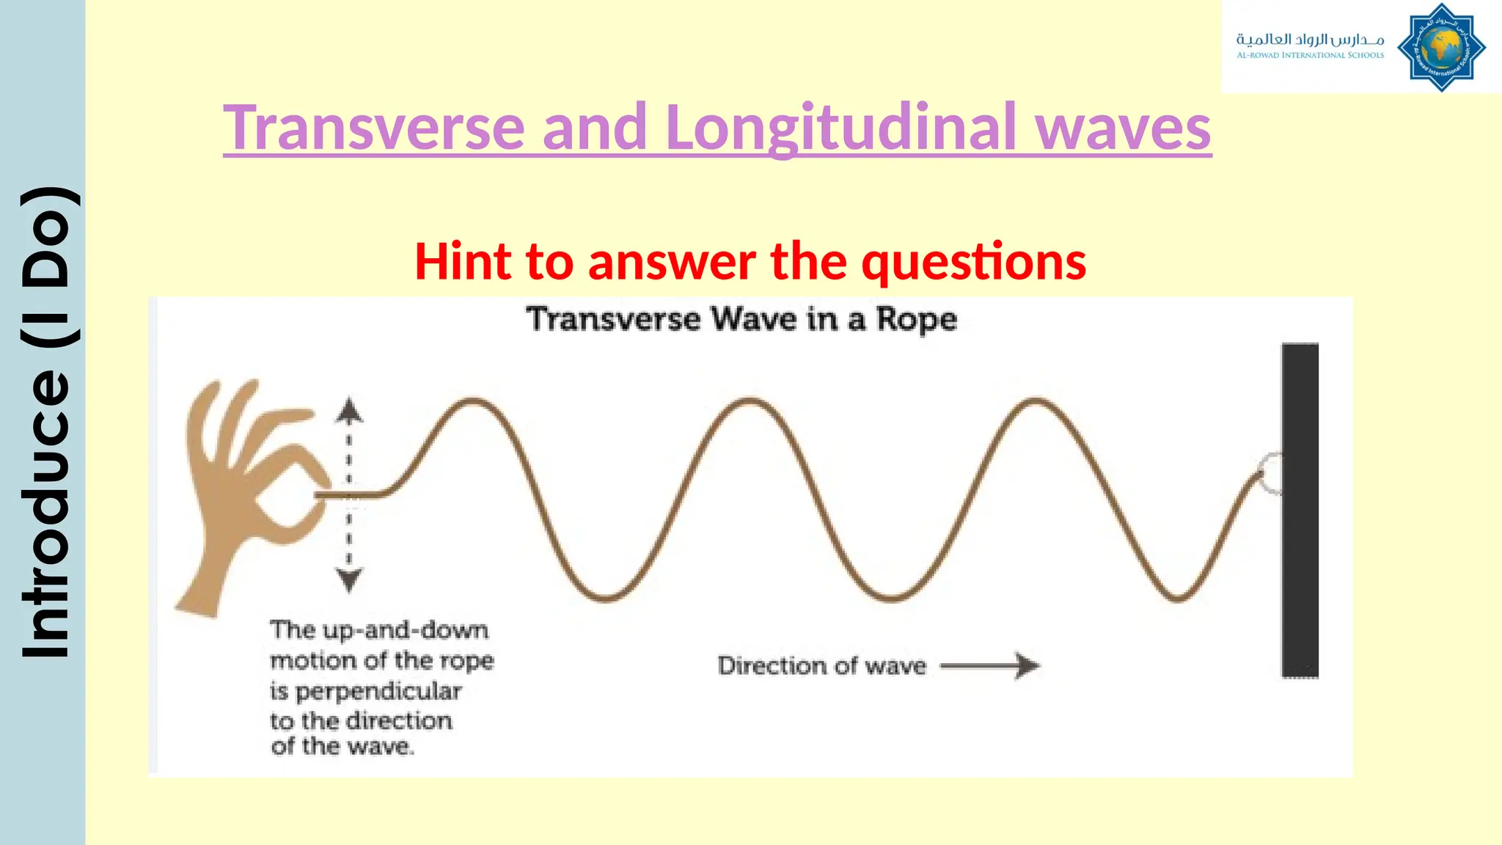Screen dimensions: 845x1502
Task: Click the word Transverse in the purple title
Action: [374, 128]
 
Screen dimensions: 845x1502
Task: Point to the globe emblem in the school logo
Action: [1441, 48]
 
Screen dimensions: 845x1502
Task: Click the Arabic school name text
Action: [1310, 39]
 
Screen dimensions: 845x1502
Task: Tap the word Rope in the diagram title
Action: [917, 320]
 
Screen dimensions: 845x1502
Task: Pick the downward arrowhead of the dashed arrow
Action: [349, 580]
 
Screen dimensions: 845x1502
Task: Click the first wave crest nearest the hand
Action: [473, 401]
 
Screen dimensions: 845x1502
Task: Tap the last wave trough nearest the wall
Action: [1176, 599]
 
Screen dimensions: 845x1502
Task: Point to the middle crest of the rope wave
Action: [750, 401]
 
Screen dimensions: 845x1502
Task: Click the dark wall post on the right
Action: [1300, 510]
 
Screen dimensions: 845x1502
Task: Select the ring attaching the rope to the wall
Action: [1272, 473]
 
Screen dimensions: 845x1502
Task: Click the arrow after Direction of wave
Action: [990, 666]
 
